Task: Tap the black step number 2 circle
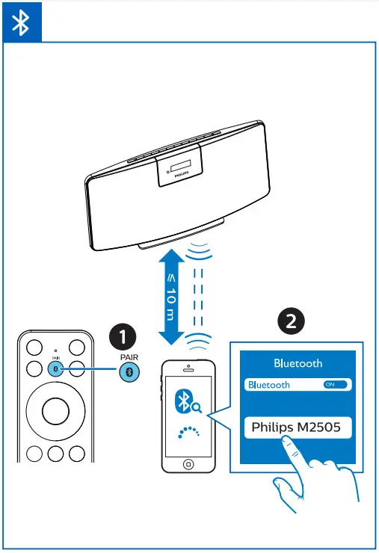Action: tap(289, 321)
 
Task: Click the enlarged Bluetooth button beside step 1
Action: tap(130, 371)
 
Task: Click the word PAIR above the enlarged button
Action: tap(129, 356)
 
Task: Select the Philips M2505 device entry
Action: tap(296, 427)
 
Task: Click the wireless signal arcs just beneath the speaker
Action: tap(198, 251)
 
